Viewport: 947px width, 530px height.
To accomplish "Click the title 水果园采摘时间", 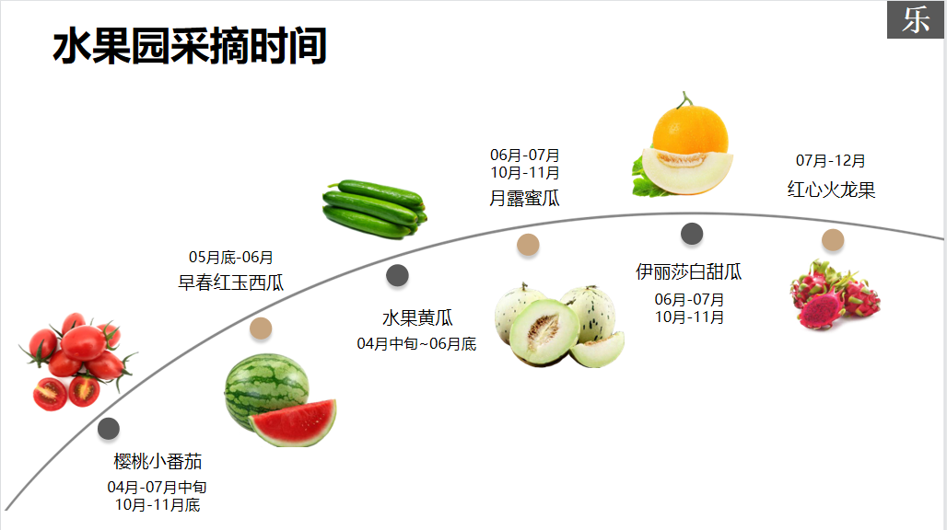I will [x=190, y=46].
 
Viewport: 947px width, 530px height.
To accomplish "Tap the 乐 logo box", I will [x=916, y=20].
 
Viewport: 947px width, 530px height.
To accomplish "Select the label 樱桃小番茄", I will [x=158, y=461].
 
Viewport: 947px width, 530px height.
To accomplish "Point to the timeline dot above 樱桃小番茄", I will [x=109, y=429].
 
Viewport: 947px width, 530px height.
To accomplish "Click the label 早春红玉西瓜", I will [x=230, y=282].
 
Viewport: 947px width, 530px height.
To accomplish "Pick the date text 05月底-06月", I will [x=231, y=258].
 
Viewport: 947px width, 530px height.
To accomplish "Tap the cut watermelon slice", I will [x=294, y=423].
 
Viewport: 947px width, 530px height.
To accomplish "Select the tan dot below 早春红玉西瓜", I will [x=261, y=328].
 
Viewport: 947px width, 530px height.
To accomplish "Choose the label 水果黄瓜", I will [x=417, y=318].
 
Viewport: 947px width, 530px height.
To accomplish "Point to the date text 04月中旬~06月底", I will [x=416, y=344].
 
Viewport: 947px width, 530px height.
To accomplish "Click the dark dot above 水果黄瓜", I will [x=397, y=275].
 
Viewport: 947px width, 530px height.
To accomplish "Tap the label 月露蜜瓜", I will [x=524, y=198].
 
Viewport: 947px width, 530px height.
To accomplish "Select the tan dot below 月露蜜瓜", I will [x=528, y=244].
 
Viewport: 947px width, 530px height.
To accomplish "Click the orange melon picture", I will [x=685, y=147].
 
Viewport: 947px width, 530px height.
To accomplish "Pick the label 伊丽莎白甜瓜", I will [x=689, y=272].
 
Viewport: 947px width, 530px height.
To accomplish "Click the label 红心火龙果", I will [x=831, y=190].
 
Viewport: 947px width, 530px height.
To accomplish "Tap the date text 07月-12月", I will [x=831, y=161].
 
